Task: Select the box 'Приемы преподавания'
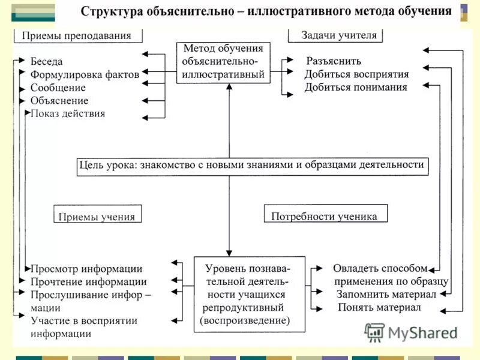78,35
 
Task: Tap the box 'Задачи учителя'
336,35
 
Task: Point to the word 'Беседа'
47,61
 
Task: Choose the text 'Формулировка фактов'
85,74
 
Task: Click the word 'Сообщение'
58,88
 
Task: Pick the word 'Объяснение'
59,101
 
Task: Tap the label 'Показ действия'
68,113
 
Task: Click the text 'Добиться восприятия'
356,74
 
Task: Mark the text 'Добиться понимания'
356,88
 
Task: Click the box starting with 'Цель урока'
253,165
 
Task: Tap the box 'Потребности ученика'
325,216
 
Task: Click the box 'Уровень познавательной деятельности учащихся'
248,294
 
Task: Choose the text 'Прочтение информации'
89,281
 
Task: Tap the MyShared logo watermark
412,332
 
